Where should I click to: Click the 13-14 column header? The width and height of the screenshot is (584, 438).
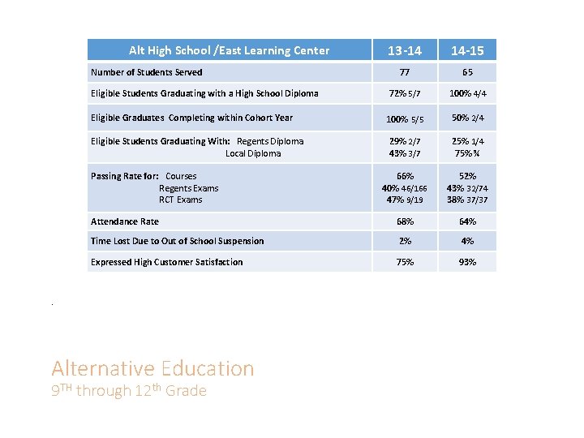pyautogui.click(x=405, y=50)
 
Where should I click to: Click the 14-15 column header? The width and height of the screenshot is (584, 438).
pyautogui.click(x=467, y=50)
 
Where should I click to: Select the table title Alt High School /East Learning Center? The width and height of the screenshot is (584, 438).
pyautogui.click(x=229, y=50)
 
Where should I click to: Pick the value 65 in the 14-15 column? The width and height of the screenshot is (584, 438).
pyautogui.click(x=467, y=72)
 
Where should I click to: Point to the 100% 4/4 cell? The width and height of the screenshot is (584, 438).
pyautogui.click(x=467, y=93)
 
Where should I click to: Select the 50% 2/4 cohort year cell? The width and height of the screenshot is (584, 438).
pyautogui.click(x=467, y=118)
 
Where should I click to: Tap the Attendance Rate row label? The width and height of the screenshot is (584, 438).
pyautogui.click(x=125, y=221)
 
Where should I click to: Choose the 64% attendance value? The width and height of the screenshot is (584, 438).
pyautogui.click(x=467, y=221)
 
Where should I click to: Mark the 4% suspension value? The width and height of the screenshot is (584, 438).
pyautogui.click(x=467, y=241)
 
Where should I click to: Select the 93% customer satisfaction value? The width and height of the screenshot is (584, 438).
pyautogui.click(x=467, y=262)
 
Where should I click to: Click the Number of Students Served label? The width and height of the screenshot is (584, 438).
pyautogui.click(x=147, y=72)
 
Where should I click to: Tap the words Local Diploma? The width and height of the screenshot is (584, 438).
pyautogui.click(x=253, y=153)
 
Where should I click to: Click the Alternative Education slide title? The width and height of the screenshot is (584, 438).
pyautogui.click(x=152, y=368)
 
